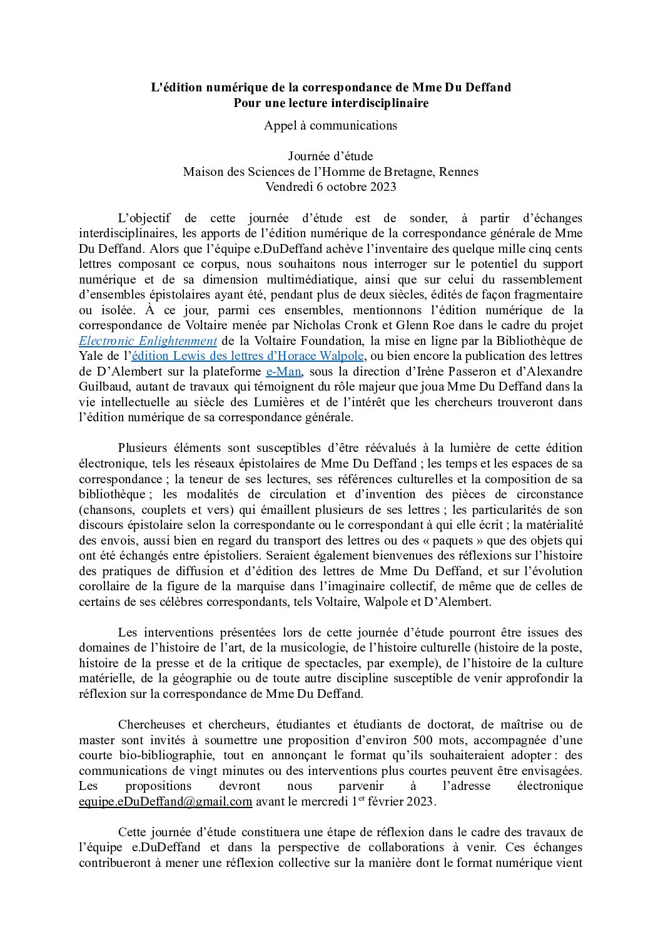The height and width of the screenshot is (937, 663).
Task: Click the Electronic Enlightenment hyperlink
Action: [148, 341]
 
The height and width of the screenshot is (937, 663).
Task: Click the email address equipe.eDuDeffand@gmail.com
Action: [166, 802]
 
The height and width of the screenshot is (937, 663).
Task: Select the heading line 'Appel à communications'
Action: [330, 125]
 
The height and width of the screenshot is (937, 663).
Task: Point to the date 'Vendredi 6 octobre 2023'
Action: [330, 187]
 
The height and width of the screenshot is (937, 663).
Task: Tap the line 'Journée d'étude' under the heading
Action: [330, 156]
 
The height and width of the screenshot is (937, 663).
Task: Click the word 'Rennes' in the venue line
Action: [459, 172]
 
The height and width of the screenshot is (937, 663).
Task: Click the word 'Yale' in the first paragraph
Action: [93, 356]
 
